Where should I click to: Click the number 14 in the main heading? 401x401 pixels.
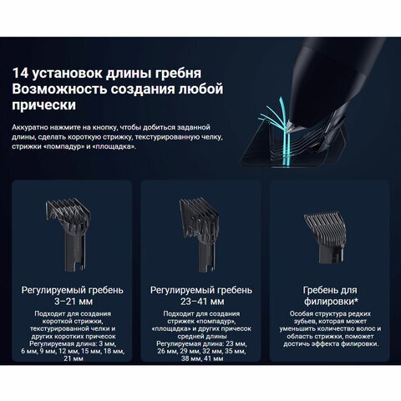pyautogui.click(x=20, y=73)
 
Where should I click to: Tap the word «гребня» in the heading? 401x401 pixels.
pyautogui.click(x=178, y=74)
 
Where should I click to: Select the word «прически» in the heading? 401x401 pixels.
pyautogui.click(x=43, y=105)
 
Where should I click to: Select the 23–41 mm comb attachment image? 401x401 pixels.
pyautogui.click(x=199, y=234)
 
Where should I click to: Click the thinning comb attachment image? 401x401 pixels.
pyautogui.click(x=325, y=237)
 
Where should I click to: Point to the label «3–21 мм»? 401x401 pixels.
pyautogui.click(x=74, y=302)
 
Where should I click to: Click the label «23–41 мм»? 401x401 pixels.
pyautogui.click(x=202, y=302)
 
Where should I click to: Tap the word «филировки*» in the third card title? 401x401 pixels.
pyautogui.click(x=331, y=302)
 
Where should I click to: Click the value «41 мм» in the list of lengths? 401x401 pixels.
pyautogui.click(x=213, y=358)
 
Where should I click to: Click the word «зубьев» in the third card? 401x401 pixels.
pyautogui.click(x=305, y=322)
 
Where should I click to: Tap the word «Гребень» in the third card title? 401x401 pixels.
pyautogui.click(x=320, y=291)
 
